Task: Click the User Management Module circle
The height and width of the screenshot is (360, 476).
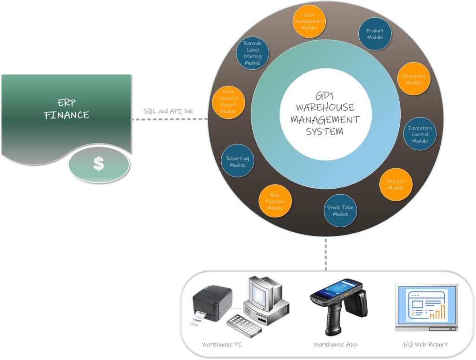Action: (x=309, y=21)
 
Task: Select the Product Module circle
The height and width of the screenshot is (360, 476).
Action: (x=375, y=34)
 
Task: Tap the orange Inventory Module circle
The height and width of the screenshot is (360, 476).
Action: (x=413, y=79)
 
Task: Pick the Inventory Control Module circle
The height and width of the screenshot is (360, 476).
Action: (x=419, y=134)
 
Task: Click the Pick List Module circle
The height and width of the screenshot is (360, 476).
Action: (x=396, y=184)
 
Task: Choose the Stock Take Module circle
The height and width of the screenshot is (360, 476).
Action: (x=340, y=210)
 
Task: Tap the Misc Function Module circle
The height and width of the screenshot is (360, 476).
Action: (x=275, y=201)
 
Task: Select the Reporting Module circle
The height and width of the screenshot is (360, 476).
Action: (x=238, y=161)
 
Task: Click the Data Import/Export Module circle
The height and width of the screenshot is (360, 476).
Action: (x=228, y=101)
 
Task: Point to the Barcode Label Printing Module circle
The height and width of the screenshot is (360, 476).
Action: (x=252, y=53)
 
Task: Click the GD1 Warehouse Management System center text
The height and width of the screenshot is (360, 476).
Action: (x=325, y=114)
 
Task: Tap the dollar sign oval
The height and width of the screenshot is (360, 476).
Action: (x=98, y=164)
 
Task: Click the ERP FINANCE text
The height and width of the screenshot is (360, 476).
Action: (x=66, y=109)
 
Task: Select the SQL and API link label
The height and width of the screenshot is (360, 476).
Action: (x=169, y=111)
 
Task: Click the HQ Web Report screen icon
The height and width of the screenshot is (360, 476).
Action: (x=426, y=307)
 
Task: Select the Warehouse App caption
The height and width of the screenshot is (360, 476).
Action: (x=336, y=345)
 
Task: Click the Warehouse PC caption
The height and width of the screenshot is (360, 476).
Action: (x=222, y=345)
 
